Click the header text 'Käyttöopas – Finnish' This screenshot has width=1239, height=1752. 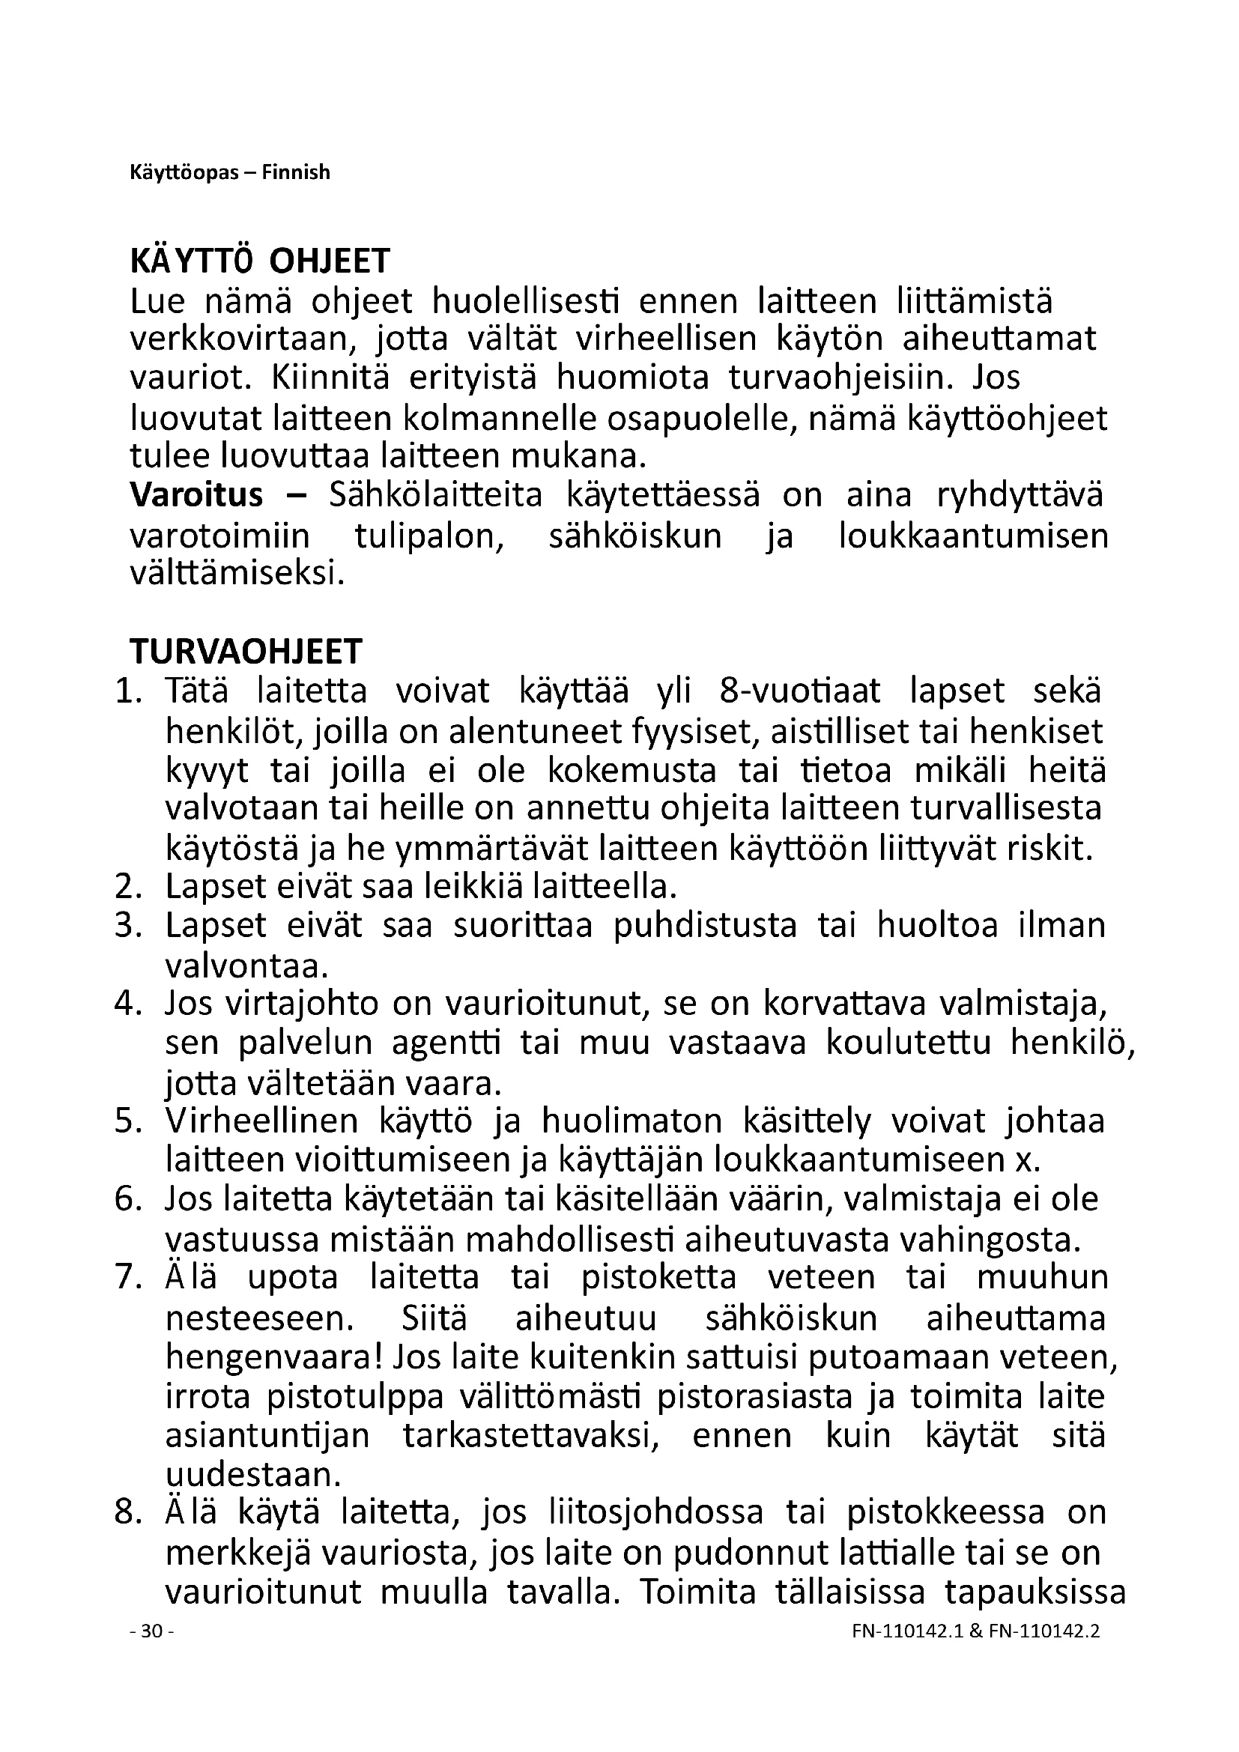[230, 173]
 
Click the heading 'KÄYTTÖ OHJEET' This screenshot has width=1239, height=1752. [260, 261]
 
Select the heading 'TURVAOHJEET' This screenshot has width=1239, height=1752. [246, 652]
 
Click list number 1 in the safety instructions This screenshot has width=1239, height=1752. [129, 691]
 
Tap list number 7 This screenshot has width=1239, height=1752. [129, 1276]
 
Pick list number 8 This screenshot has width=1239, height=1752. [129, 1512]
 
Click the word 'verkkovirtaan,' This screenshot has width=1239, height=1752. [243, 339]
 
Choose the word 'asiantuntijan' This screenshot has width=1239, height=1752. [267, 1434]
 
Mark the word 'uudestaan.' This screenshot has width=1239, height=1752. [252, 1474]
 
